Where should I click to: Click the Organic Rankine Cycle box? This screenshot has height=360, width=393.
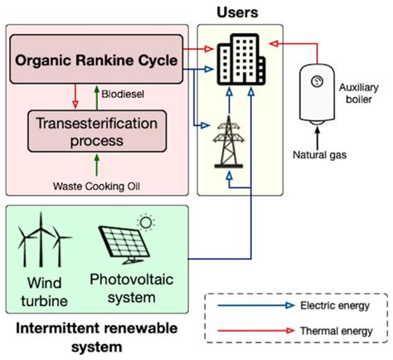click(96, 60)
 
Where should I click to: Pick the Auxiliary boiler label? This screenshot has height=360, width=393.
click(359, 92)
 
